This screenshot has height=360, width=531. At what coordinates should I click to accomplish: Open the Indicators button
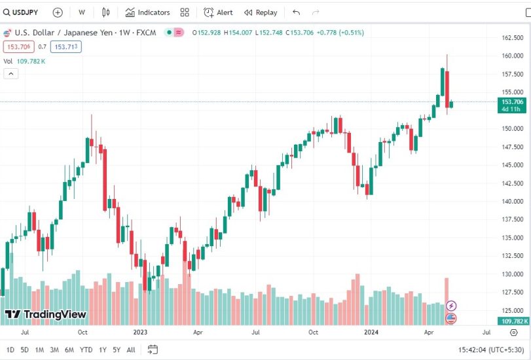(147, 12)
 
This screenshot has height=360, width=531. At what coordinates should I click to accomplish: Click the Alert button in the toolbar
(218, 12)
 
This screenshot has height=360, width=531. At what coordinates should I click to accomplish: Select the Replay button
(261, 12)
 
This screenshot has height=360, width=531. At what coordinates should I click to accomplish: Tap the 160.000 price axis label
(511, 56)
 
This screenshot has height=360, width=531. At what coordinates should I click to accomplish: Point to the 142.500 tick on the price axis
(511, 183)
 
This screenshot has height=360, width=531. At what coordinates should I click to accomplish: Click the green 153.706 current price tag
(512, 102)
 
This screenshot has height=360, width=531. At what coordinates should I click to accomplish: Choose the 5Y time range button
(117, 350)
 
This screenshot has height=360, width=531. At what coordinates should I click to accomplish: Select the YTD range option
(86, 350)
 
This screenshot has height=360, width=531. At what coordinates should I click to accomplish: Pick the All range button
(131, 350)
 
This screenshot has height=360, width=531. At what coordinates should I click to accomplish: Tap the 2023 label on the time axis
(139, 332)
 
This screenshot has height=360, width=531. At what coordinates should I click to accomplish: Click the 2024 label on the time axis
(371, 332)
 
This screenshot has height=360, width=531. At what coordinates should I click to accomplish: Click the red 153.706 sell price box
(18, 46)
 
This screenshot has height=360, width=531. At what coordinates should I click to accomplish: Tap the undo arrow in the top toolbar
(297, 12)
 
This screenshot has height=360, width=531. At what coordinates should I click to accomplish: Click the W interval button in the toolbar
(81, 12)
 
